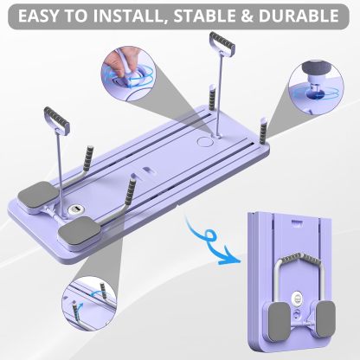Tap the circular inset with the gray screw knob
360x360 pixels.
[324, 80]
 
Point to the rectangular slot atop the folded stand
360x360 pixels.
[295, 226]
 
